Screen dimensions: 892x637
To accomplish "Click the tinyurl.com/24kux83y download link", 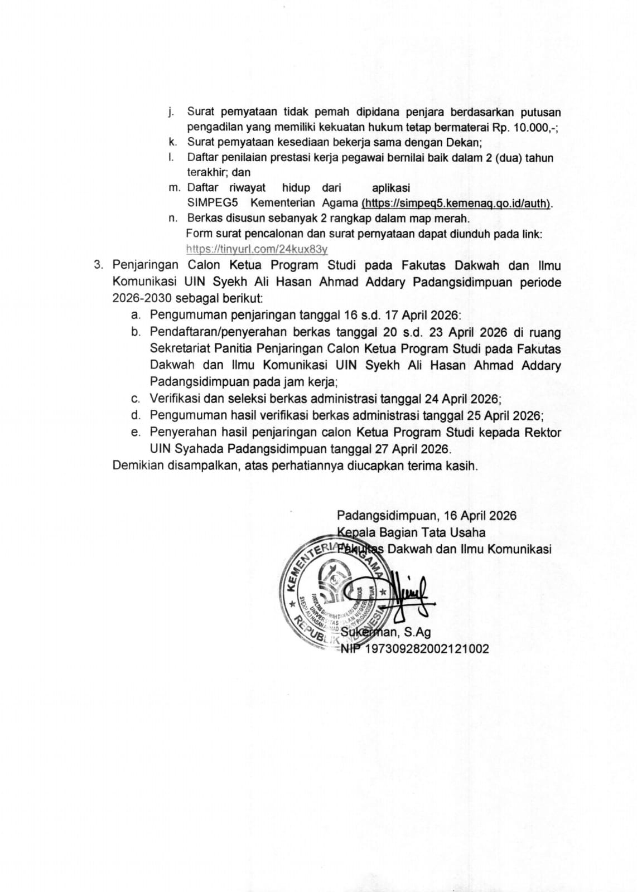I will (x=257, y=249).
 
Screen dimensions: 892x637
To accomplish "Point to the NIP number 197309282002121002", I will (x=426, y=648).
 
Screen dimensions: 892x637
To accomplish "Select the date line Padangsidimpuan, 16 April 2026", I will (x=426, y=516).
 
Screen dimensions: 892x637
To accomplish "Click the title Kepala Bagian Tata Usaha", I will (x=411, y=532).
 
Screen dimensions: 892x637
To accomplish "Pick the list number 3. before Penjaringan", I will (x=99, y=265).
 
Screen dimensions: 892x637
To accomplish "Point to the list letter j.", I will (x=171, y=113).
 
